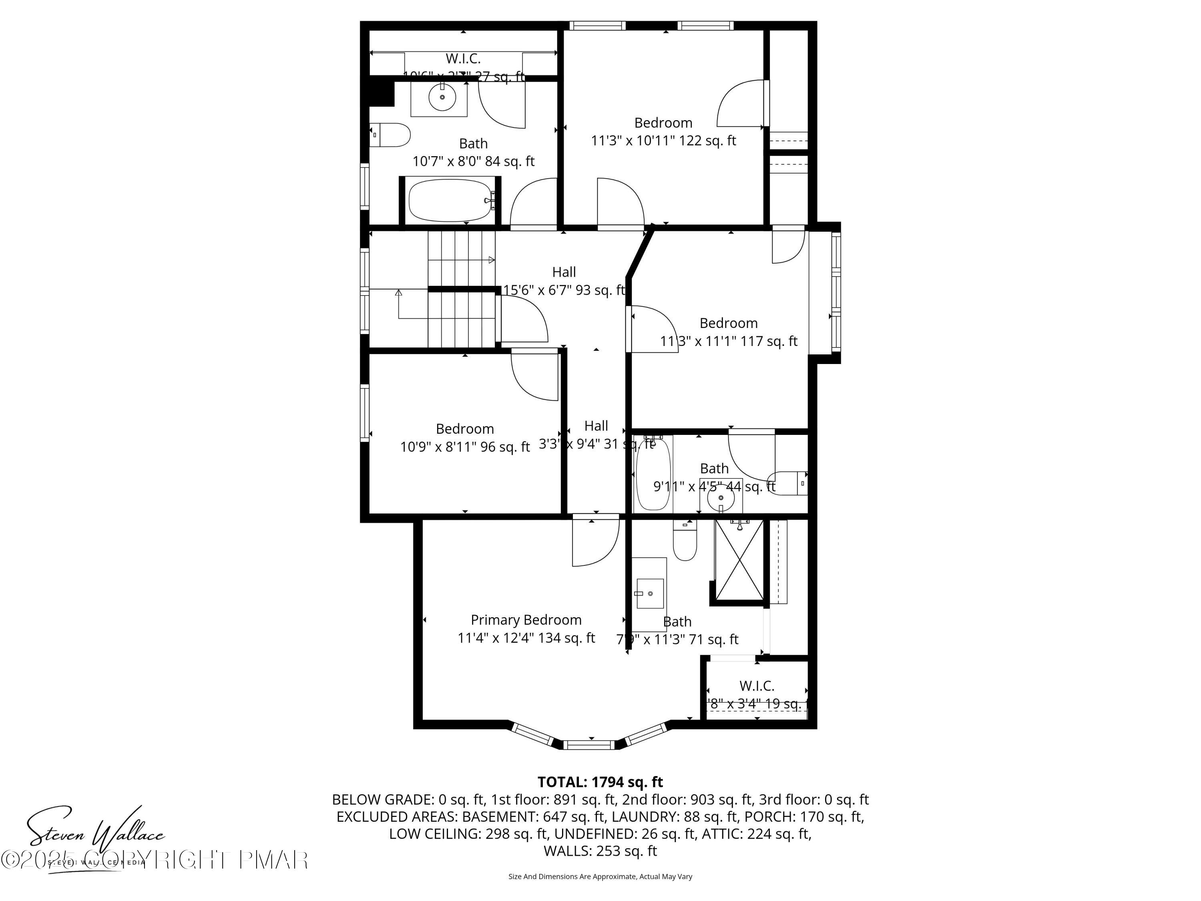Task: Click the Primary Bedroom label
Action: click(526, 619)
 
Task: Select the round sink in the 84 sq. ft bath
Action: click(442, 98)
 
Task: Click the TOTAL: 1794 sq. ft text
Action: click(600, 782)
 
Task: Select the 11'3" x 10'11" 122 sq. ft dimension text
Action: click(663, 141)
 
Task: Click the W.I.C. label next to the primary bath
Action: click(756, 686)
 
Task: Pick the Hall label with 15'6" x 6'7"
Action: click(564, 272)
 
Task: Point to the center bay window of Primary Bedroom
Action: click(590, 744)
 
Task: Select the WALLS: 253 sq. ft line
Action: click(600, 851)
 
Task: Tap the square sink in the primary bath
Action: click(650, 593)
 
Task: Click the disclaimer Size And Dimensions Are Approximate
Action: click(600, 876)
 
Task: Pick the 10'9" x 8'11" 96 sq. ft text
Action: click(465, 447)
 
